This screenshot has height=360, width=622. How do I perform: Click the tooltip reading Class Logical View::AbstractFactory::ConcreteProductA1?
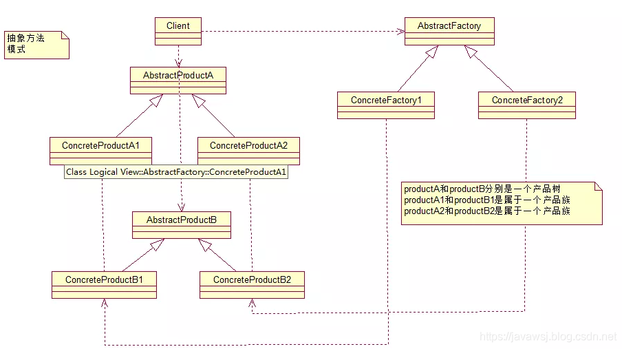tap(176, 172)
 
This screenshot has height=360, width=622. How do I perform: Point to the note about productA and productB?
tap(502, 202)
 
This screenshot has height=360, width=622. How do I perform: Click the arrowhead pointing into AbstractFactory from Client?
tap(400, 31)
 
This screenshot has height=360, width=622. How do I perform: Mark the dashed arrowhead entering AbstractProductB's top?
tap(182, 207)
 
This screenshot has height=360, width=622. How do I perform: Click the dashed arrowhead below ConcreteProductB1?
tap(104, 303)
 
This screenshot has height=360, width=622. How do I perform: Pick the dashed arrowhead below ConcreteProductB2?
tap(251, 303)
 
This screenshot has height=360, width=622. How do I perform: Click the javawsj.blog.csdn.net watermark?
tap(547, 337)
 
